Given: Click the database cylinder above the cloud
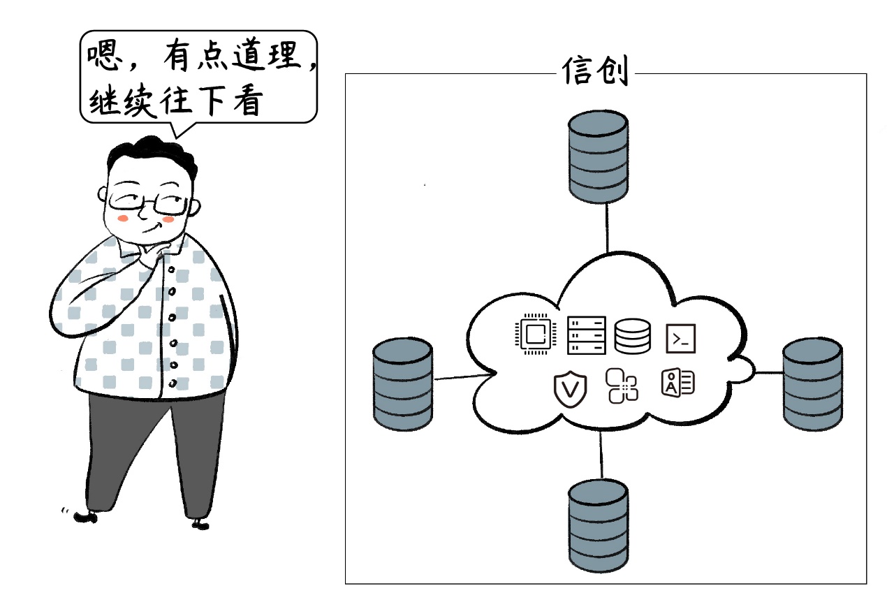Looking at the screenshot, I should coord(598,157).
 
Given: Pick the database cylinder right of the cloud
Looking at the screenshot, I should coord(812,386).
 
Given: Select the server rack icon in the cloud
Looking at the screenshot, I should coord(585,335).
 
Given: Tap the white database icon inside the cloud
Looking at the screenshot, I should coord(632,336).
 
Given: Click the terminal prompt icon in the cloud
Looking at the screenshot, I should coord(680,338).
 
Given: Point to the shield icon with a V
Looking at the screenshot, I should coord(571,390).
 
